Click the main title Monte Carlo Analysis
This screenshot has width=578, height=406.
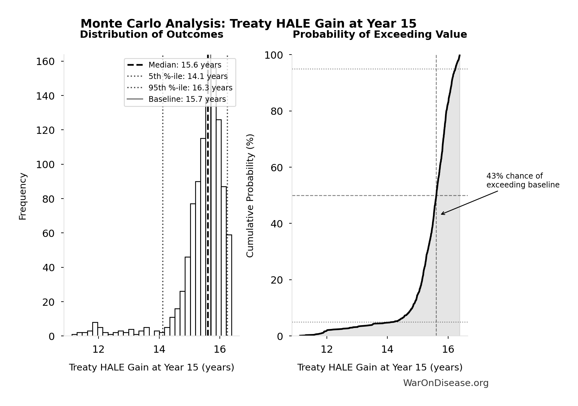pyautogui.click(x=248, y=24)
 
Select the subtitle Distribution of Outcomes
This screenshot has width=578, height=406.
pyautogui.click(x=151, y=35)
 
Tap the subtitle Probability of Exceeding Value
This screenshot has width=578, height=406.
pyautogui.click(x=379, y=35)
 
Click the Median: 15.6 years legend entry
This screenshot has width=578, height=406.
pyautogui.click(x=185, y=65)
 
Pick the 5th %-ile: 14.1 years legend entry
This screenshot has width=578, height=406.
pyautogui.click(x=188, y=76)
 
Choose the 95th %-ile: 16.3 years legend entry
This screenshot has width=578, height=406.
pyautogui.click(x=190, y=88)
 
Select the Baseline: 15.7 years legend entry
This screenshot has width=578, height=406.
pyautogui.click(x=187, y=99)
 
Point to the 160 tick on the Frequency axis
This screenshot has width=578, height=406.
pyautogui.click(x=45, y=62)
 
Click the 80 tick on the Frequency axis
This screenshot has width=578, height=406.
pyautogui.click(x=48, y=199)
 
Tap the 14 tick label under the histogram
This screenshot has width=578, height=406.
pyautogui.click(x=159, y=349)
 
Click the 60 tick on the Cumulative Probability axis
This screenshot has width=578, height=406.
pyautogui.click(x=276, y=167)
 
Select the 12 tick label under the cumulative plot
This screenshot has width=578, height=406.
pyautogui.click(x=327, y=349)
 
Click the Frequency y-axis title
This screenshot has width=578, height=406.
pyautogui.click(x=23, y=196)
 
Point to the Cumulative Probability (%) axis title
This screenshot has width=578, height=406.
pyautogui.click(x=250, y=195)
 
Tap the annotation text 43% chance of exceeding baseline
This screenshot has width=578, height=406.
pyautogui.click(x=523, y=180)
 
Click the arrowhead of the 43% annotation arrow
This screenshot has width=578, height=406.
pyautogui.click(x=442, y=214)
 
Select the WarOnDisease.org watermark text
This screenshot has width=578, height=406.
pyautogui.click(x=446, y=383)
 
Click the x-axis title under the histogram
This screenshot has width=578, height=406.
pyautogui.click(x=151, y=367)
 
